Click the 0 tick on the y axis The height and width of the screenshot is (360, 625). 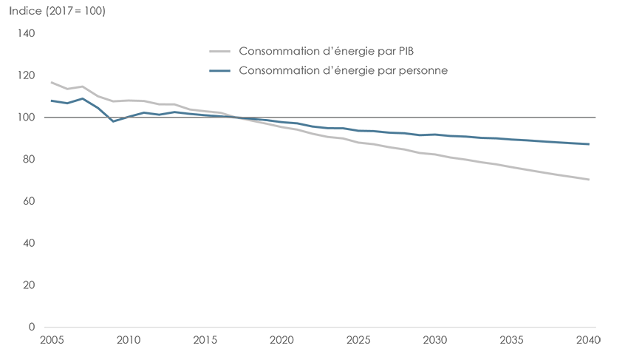coord(31,327)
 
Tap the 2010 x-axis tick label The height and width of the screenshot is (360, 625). coord(127,341)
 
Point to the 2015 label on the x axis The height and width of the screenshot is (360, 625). coord(205,341)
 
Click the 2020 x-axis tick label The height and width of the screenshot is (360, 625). coord(282,341)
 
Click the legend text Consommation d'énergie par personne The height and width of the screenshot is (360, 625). coord(344,70)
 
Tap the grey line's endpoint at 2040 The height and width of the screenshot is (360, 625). coord(589,180)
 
